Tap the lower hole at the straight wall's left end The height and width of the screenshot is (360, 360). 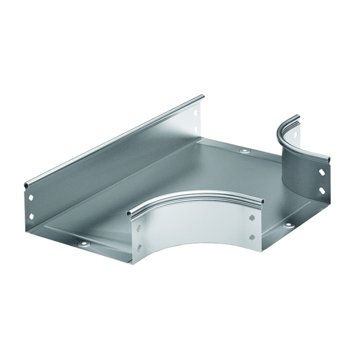click(30, 216)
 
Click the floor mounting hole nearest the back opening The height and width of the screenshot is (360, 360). click(244, 150)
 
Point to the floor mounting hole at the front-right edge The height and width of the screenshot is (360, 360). click(288, 225)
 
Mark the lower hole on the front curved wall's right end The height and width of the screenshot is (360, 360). click(251, 236)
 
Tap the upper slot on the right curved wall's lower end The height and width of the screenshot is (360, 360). click(322, 172)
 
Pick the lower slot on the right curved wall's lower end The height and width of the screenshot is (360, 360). click(322, 190)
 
